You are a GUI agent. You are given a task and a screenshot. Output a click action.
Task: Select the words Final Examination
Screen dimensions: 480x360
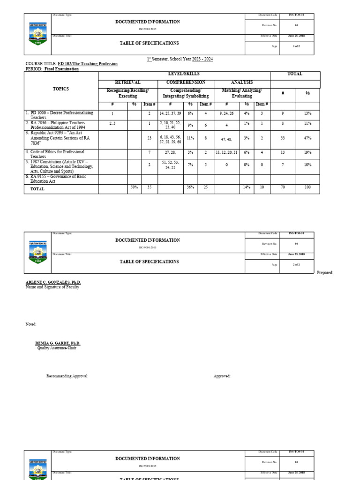pos(61,69)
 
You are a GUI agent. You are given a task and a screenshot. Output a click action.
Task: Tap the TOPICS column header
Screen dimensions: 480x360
pos(60,89)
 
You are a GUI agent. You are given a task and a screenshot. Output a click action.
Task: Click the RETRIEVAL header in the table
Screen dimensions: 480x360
pos(127,82)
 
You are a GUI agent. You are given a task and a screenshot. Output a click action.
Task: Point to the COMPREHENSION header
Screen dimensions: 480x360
pos(186,82)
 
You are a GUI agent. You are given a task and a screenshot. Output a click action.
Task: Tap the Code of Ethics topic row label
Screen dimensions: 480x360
pos(55,154)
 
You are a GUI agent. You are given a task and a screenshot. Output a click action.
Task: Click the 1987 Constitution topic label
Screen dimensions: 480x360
pos(60,166)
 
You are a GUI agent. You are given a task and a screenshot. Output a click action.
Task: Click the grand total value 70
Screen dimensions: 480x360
pos(283,187)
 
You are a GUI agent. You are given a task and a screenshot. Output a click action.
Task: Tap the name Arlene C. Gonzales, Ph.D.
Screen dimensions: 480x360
pos(53,282)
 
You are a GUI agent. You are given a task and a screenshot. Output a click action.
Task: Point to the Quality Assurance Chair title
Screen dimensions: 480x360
pos(57,348)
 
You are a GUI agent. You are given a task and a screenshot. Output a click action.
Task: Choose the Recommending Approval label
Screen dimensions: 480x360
pos(67,376)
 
